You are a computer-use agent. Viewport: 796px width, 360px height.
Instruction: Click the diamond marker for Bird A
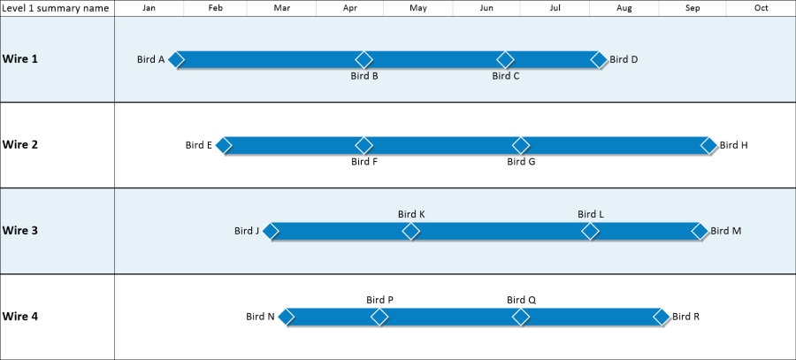coord(177,59)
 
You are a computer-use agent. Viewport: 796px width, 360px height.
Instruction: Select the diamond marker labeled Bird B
coord(364,59)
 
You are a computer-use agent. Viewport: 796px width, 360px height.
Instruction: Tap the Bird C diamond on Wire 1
coord(505,59)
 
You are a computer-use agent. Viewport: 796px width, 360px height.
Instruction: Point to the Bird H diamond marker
coord(708,145)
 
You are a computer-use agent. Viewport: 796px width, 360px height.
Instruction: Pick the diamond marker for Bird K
coord(411,231)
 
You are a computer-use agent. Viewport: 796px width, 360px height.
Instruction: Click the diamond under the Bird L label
coord(590,231)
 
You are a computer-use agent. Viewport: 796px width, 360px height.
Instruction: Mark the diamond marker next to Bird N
coord(287,317)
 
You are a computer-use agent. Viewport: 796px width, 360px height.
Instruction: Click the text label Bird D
coord(624,60)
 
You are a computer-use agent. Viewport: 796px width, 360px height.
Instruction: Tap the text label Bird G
coord(521,162)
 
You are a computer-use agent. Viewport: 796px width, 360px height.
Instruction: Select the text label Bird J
coord(247,232)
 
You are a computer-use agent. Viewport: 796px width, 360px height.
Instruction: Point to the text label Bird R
coord(685,317)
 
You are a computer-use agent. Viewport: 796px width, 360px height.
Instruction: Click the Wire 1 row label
coord(20,59)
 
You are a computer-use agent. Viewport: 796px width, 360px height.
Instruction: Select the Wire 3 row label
coord(20,231)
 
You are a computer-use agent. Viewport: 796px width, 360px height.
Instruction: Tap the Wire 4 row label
coord(20,317)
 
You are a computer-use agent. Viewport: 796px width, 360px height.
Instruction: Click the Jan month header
coord(149,8)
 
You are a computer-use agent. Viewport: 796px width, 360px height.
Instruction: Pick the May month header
coord(418,8)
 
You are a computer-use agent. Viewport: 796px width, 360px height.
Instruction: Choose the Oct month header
coord(761,8)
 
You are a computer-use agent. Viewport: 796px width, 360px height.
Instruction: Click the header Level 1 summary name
coord(57,8)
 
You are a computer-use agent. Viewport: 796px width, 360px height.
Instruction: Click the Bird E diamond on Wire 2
coord(224,145)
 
